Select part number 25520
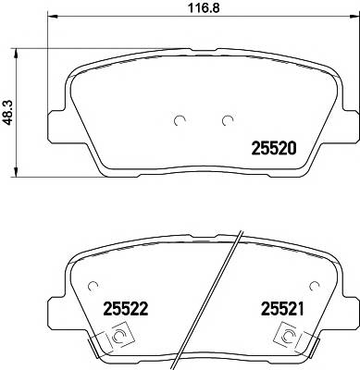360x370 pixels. pos(274,147)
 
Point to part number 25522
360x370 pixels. pos(127,306)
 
